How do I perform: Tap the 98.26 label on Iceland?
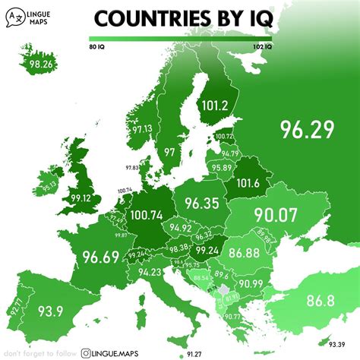[42, 65]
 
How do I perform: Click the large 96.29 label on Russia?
[306, 129]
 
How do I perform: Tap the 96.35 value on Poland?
[201, 204]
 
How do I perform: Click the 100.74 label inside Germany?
[153, 216]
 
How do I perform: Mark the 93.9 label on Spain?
[48, 312]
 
